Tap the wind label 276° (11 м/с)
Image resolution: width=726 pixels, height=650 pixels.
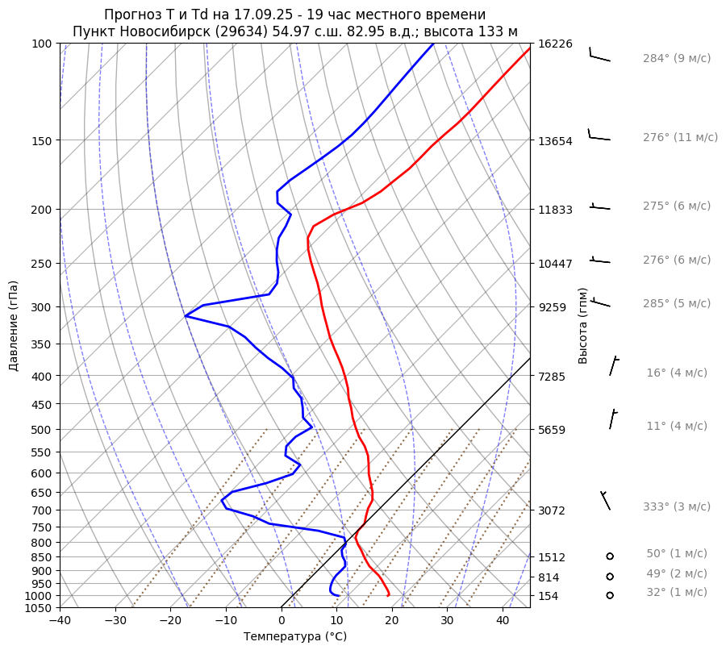pyautogui.click(x=680, y=137)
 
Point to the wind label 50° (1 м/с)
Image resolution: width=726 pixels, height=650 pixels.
pyautogui.click(x=676, y=553)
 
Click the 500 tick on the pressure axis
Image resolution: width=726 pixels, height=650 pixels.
pyautogui.click(x=41, y=429)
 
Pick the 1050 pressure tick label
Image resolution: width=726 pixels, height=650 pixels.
pyautogui.click(x=38, y=608)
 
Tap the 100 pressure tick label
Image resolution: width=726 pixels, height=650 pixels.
pyautogui.click(x=41, y=44)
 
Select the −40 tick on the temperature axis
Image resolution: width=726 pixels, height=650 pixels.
pyautogui.click(x=60, y=621)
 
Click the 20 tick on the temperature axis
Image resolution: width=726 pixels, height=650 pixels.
pyautogui.click(x=392, y=621)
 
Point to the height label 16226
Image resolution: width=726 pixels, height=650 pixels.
pyautogui.click(x=555, y=44)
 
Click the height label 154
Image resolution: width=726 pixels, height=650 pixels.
pyautogui.click(x=549, y=596)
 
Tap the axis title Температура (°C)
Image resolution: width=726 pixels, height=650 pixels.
pyautogui.click(x=295, y=637)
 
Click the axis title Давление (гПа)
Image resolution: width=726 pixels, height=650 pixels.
pyautogui.click(x=14, y=326)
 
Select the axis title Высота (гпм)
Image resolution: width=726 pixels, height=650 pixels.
pyautogui.click(x=582, y=326)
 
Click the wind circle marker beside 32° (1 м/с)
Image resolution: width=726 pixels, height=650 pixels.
pyautogui.click(x=610, y=595)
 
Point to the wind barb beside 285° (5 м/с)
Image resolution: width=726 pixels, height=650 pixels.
pyautogui.click(x=599, y=302)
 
